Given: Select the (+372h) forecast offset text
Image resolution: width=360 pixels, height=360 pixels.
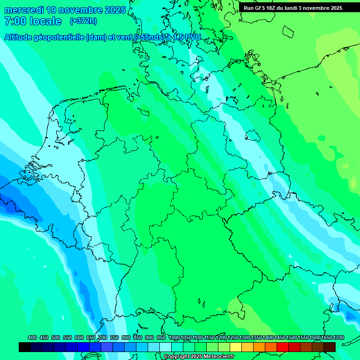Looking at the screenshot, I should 83,21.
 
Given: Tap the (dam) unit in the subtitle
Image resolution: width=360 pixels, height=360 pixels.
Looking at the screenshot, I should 96,37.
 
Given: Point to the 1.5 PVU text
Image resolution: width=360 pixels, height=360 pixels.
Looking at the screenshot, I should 187,37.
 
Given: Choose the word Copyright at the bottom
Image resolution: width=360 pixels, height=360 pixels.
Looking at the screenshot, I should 176,357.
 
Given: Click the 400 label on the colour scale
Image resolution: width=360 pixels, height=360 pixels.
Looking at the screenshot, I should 32,337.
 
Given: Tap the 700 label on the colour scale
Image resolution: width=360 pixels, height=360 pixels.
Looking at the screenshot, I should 103,337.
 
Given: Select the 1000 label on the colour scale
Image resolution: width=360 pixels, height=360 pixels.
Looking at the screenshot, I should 174,337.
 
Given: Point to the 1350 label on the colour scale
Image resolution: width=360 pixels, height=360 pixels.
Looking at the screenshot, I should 256,337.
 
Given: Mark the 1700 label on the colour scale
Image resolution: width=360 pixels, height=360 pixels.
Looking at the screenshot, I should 338,337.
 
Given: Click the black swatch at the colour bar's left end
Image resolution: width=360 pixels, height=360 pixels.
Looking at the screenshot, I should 25,347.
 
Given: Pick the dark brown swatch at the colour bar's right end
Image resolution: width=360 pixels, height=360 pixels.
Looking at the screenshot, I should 330,347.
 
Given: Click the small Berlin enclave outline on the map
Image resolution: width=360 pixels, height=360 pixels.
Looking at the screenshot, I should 253,135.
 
